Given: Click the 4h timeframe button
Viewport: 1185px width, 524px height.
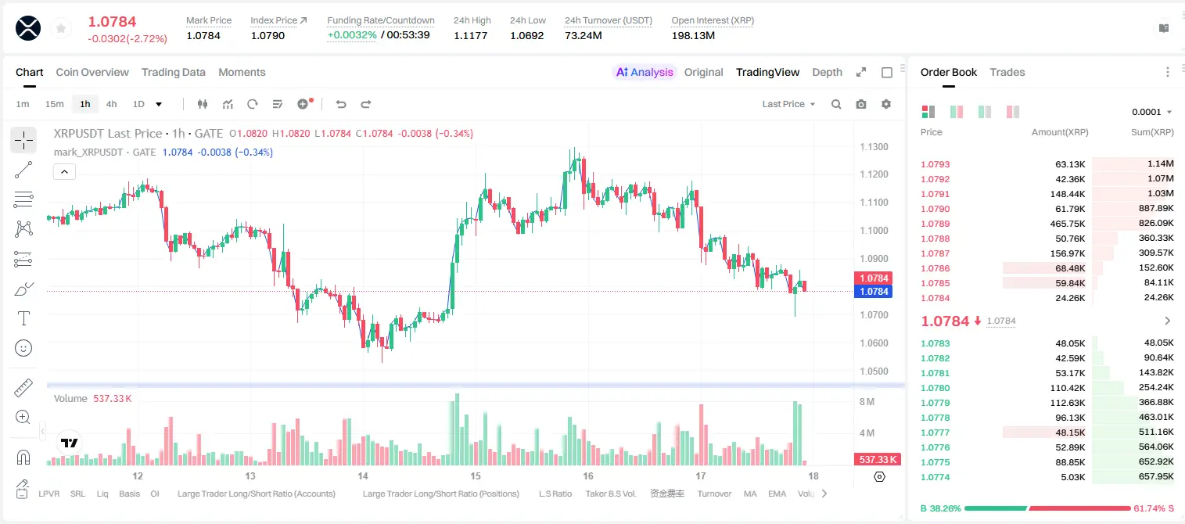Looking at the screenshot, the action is (111, 104).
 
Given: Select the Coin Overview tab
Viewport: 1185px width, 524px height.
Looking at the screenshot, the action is (92, 72).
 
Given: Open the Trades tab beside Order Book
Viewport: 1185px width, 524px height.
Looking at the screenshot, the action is (1007, 72).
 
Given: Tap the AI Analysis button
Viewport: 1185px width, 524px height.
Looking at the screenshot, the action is (645, 72).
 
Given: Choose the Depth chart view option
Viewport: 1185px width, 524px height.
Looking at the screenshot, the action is (827, 72).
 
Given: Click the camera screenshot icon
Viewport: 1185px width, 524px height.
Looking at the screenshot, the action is (861, 104).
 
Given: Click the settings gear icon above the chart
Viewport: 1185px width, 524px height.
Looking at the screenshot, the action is (886, 104).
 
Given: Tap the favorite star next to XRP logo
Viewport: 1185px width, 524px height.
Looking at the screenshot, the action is (61, 29).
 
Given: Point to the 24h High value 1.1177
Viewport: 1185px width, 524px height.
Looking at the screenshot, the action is (470, 35).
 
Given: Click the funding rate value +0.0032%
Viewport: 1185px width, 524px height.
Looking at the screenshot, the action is (352, 35).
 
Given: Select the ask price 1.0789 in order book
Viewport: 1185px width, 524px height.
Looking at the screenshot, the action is (935, 224).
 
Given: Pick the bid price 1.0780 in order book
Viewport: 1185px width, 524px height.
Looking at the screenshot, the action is (935, 388).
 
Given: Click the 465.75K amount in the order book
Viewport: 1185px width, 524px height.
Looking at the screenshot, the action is (1067, 224).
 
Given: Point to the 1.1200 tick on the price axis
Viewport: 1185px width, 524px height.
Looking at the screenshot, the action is (874, 174).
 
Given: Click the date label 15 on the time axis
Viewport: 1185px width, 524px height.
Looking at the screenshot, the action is (476, 476).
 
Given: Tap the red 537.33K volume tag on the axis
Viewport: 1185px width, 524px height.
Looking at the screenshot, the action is (878, 460).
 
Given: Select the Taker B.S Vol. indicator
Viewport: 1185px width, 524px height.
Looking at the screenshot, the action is (610, 493).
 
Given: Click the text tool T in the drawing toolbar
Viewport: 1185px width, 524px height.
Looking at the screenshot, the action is (23, 318).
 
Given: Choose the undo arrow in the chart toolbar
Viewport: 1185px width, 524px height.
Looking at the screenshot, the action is (341, 104).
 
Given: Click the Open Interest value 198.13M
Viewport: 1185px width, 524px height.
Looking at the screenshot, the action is (693, 35).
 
